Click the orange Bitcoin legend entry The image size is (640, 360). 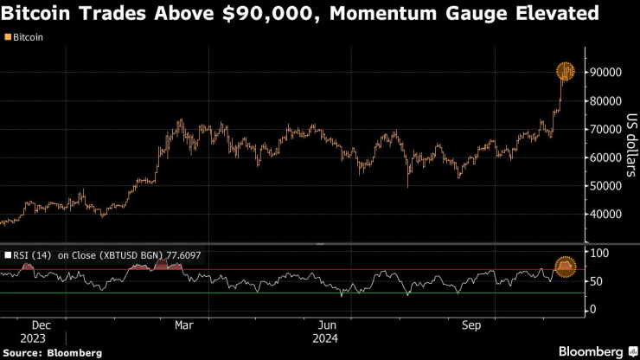click(27, 38)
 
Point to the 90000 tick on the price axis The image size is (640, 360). click(606, 73)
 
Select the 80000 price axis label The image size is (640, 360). click(606, 101)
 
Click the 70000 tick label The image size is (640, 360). click(606, 130)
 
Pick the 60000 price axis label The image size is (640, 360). click(606, 158)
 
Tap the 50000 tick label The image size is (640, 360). click(606, 186)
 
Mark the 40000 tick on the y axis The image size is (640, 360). click(606, 215)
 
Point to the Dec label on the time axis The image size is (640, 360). click(46, 325)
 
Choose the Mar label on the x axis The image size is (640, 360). click(183, 325)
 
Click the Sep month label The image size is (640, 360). click(471, 325)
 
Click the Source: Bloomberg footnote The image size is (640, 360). click(53, 352)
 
